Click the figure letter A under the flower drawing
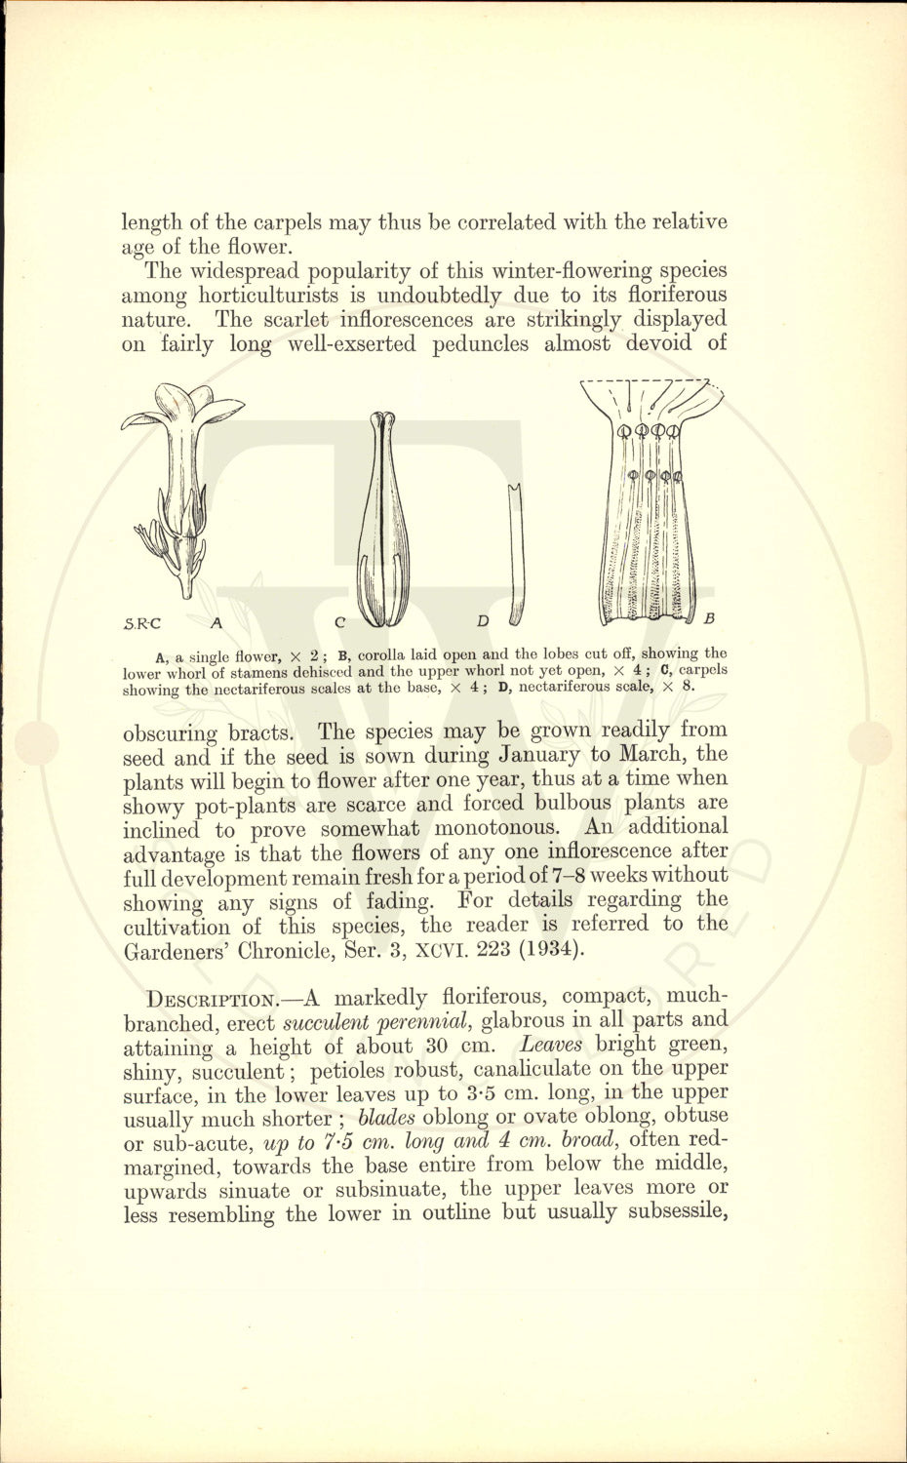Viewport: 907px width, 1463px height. (217, 620)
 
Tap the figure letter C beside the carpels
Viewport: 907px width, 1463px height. (339, 621)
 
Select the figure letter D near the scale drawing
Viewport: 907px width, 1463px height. (483, 621)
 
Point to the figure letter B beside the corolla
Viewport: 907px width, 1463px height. (709, 618)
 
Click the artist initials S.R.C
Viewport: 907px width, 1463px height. (142, 622)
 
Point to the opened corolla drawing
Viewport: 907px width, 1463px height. (650, 502)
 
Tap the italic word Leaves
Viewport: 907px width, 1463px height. (551, 1045)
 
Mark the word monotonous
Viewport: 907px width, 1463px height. (495, 828)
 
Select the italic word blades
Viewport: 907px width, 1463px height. (387, 1118)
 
